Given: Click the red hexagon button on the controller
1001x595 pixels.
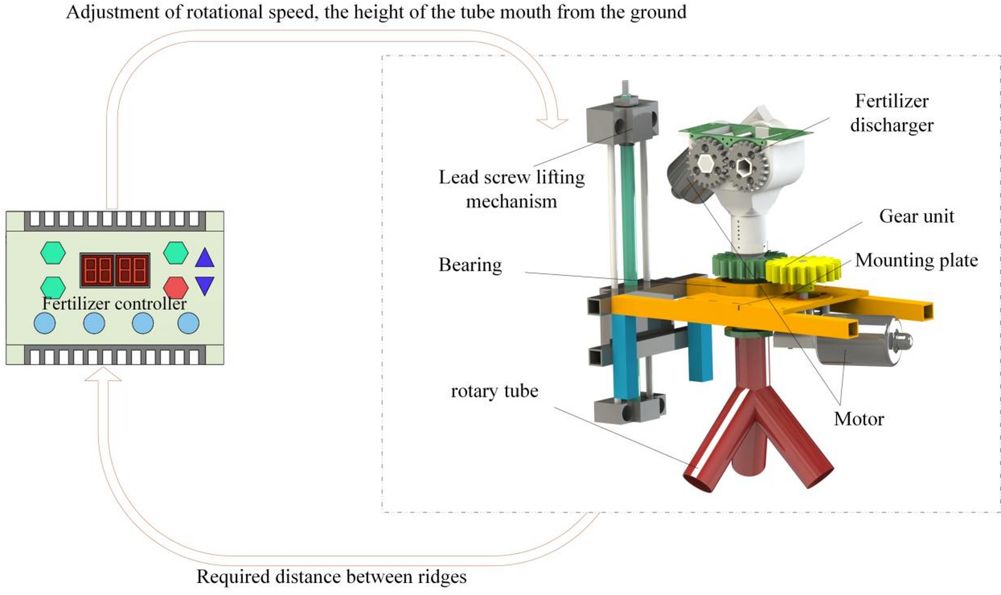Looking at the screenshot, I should point(176,287).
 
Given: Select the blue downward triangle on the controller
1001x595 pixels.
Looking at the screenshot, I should point(205,285).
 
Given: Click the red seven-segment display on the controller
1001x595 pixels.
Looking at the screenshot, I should point(115,270).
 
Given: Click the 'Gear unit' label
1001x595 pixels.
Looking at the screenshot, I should point(916,216).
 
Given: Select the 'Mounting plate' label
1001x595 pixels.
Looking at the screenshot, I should point(916,260).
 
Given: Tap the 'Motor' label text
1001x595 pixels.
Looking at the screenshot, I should point(859,419).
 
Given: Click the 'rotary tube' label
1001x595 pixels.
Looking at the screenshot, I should point(494,391).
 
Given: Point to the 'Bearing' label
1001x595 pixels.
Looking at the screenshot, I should point(470,265).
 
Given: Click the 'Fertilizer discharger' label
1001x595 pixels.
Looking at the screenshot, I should point(891,113).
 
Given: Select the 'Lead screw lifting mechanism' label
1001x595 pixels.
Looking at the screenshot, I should point(511,189).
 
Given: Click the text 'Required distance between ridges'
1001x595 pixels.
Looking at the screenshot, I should point(331,577).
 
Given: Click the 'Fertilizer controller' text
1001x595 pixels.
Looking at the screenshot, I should point(114,303).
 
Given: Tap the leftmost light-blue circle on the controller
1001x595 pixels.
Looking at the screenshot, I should point(45,323).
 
